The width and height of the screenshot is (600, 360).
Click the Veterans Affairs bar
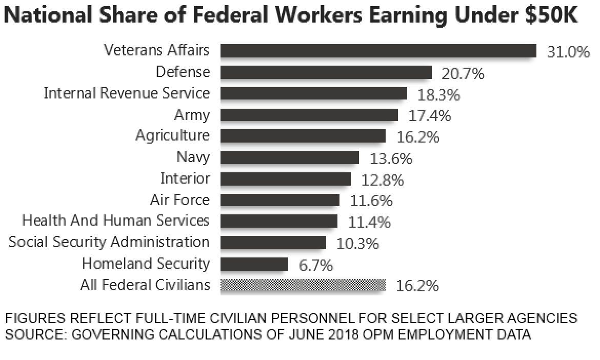(378, 51)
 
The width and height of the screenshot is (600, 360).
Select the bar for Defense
(326, 72)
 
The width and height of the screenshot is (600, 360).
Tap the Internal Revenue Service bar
(313, 93)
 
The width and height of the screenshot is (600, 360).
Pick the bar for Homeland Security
(254, 264)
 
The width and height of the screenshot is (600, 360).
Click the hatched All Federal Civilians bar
(303, 286)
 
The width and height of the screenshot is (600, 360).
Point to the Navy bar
(289, 157)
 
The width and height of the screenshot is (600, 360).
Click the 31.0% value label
(568, 52)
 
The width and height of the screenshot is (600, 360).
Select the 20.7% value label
(463, 74)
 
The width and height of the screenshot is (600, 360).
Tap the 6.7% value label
(315, 266)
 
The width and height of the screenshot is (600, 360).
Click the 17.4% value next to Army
(430, 116)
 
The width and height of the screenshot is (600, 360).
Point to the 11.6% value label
(371, 201)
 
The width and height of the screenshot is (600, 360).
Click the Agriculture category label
(172, 136)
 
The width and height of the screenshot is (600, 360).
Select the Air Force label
(179, 199)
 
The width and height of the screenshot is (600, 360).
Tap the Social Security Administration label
(109, 242)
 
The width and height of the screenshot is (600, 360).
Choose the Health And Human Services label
(116, 221)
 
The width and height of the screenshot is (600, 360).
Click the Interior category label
(185, 178)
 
